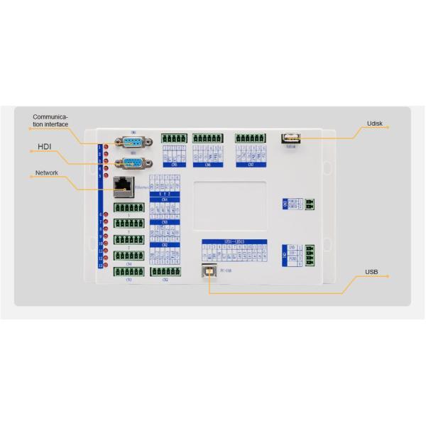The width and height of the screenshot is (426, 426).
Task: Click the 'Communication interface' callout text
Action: (51, 121)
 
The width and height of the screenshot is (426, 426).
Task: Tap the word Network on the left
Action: (46, 173)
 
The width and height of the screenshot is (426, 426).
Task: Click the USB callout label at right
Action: (371, 271)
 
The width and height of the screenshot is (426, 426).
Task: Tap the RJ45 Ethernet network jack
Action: (122, 186)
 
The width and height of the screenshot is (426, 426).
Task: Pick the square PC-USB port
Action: (210, 271)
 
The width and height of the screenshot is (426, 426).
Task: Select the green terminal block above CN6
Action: (207, 138)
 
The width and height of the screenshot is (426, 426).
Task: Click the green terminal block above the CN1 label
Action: (129, 272)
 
